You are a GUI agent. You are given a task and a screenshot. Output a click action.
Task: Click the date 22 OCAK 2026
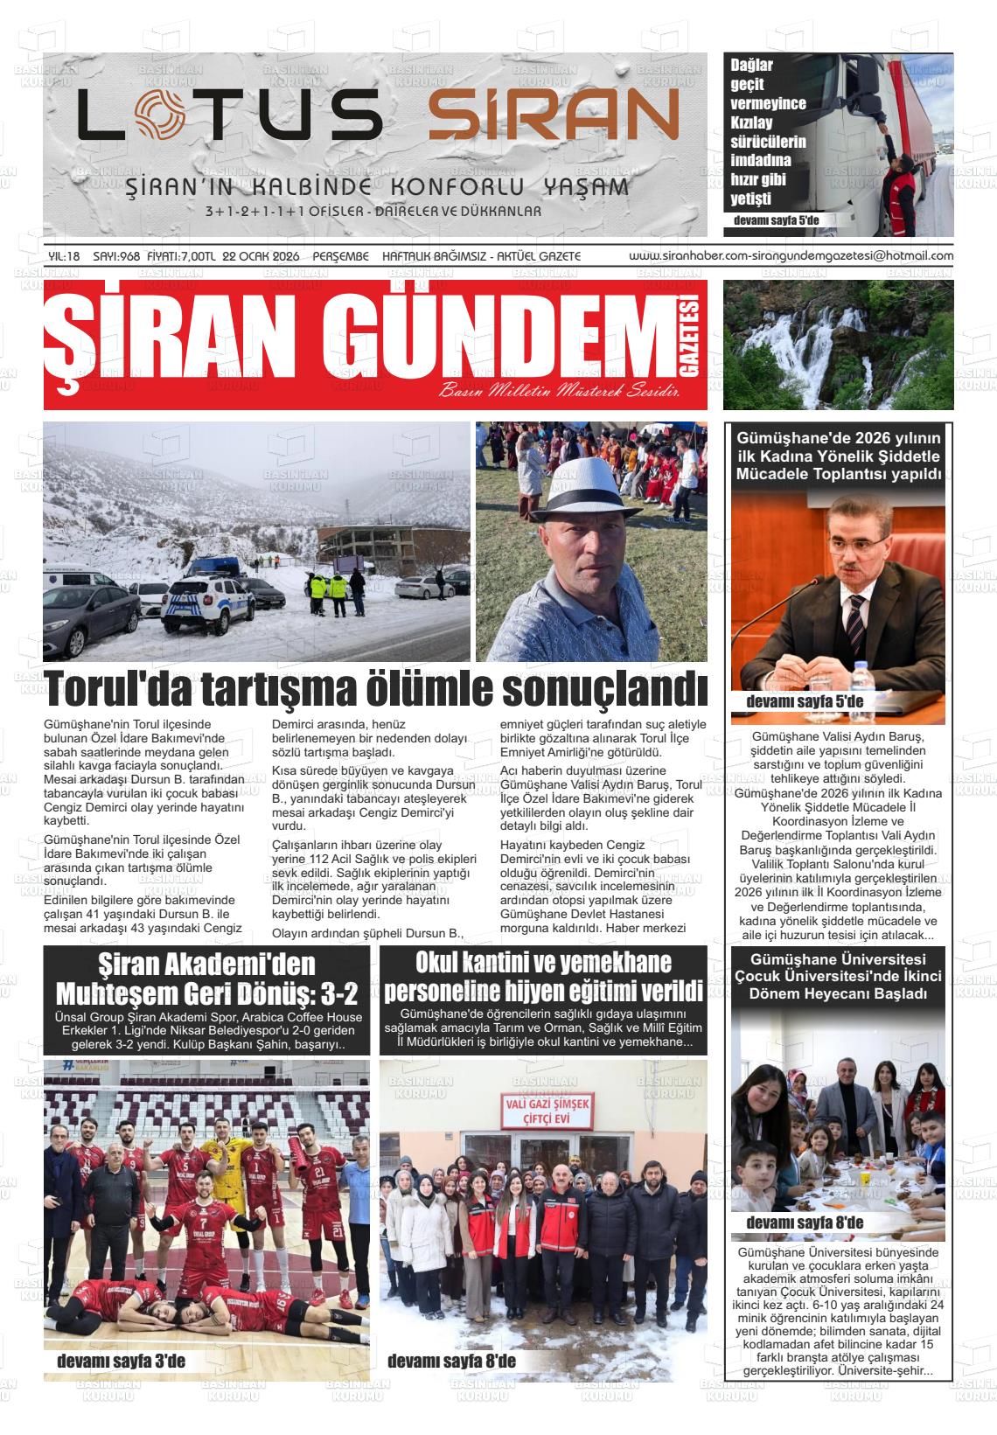point(261,256)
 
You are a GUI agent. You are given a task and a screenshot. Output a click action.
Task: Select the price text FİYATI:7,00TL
point(181,256)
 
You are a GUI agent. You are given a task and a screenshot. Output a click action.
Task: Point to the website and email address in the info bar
point(791,256)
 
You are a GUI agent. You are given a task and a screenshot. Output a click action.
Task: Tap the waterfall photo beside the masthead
point(838,344)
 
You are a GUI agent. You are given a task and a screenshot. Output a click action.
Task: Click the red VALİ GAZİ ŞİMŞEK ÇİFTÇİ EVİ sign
point(542,1110)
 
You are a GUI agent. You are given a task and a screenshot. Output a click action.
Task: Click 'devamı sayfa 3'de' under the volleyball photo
point(121,1362)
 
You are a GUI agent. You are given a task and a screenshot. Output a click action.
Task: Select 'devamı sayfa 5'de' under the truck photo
point(777,219)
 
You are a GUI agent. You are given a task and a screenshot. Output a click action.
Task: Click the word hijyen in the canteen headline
point(521,993)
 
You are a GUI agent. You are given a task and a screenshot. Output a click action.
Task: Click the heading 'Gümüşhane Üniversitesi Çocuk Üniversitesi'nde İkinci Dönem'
point(838,977)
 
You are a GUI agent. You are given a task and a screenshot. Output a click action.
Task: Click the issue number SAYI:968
point(116,256)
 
